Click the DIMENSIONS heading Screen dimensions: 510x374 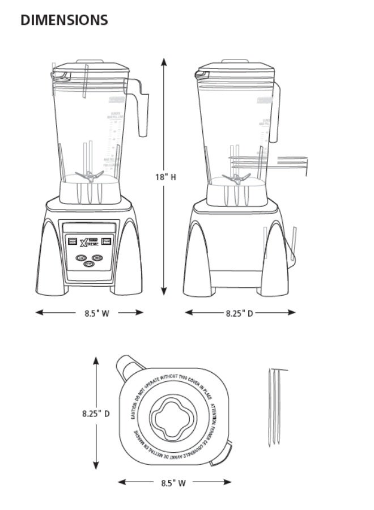tap(64, 20)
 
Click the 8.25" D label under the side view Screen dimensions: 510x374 tap(239, 312)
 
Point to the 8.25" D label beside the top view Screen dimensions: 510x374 tap(95, 414)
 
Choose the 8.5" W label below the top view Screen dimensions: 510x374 tap(173, 483)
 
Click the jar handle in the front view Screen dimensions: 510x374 tap(142, 110)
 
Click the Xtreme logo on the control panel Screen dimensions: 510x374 tap(91, 241)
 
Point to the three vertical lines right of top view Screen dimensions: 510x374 tap(275, 405)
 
